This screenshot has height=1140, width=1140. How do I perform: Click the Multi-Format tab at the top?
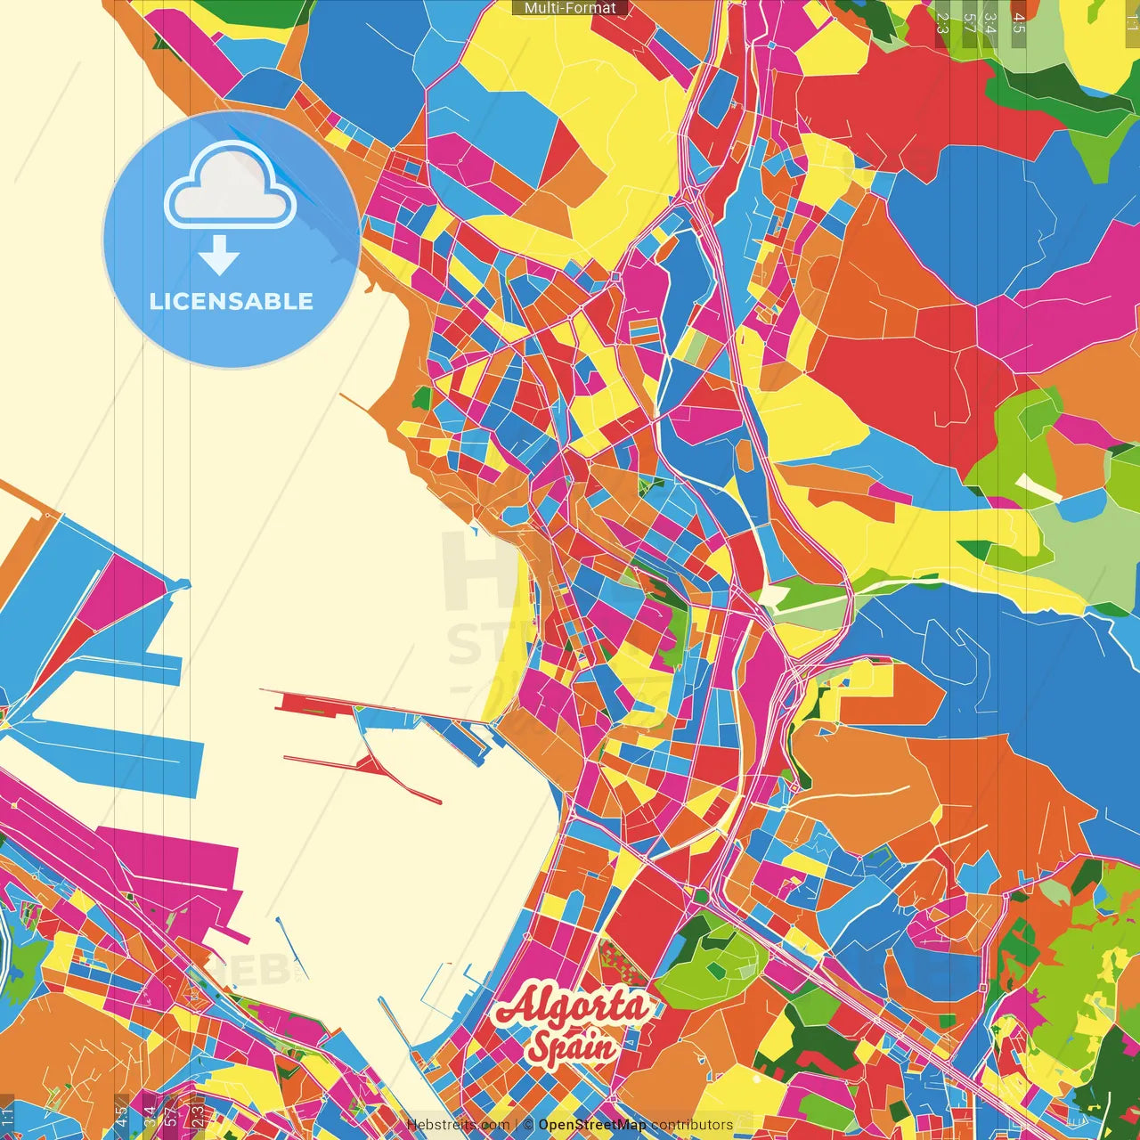pos(570,8)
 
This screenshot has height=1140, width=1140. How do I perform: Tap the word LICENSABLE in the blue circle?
pos(232,301)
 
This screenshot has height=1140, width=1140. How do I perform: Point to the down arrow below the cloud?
pos(219,256)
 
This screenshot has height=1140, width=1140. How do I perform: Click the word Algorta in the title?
pos(571,1006)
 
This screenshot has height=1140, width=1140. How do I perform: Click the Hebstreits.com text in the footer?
pos(458,1125)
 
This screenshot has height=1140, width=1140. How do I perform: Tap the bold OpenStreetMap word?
pos(592,1125)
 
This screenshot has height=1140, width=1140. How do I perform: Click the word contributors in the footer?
pos(692,1125)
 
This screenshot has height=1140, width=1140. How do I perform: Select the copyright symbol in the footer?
pos(528,1125)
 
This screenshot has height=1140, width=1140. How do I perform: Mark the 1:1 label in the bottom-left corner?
pos(7,1117)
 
